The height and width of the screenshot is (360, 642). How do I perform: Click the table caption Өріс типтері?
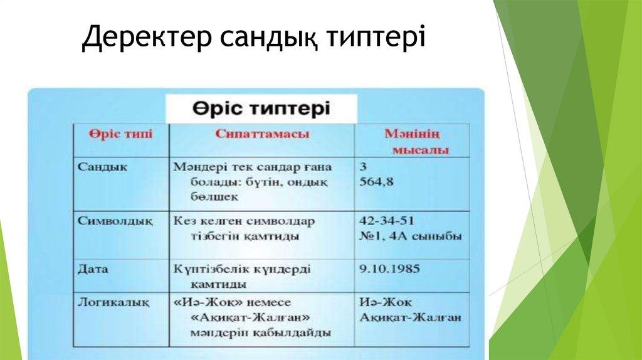point(261,109)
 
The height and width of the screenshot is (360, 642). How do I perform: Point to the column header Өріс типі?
point(121,134)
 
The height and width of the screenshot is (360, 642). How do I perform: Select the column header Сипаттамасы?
point(262,134)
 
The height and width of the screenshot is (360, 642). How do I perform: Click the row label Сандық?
point(102,167)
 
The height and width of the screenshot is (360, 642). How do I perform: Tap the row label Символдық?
point(115,221)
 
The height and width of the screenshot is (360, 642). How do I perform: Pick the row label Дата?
point(93,269)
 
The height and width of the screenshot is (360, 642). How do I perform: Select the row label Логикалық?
point(114,303)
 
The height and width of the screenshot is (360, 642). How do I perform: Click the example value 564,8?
point(376,183)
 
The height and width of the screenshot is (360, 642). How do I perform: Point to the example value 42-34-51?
point(387,221)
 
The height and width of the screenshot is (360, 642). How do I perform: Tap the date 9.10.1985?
point(390,269)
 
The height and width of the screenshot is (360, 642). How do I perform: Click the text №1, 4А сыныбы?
point(411,236)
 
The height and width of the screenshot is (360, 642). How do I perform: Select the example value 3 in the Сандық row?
point(363,167)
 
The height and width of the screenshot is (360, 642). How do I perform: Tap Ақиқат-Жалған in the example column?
point(410,318)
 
